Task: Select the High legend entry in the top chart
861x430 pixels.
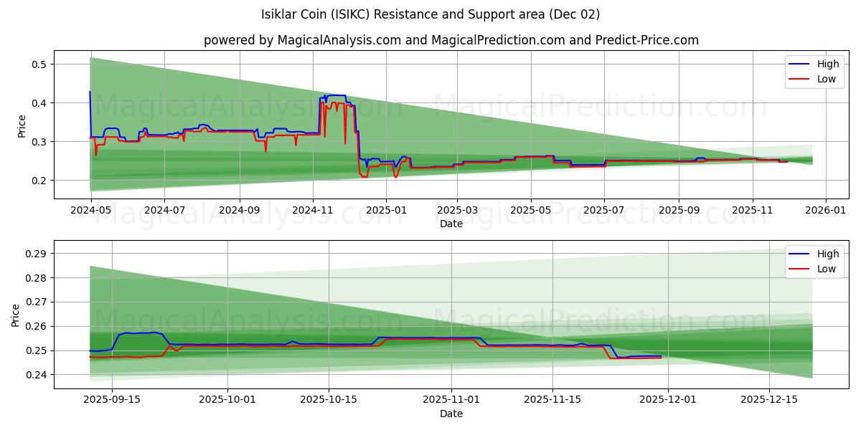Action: coord(827,64)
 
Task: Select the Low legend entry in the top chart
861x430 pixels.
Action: coord(826,79)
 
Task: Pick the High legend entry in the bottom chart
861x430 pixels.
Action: coord(827,254)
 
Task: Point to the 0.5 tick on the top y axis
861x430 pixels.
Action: coord(38,64)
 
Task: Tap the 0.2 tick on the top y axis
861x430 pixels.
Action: coord(38,181)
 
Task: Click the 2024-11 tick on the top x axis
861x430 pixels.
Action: coord(312,211)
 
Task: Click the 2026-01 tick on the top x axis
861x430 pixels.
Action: coord(826,211)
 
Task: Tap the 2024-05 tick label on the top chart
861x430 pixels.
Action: coord(90,211)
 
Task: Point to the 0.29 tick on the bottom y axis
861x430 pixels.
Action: coord(35,254)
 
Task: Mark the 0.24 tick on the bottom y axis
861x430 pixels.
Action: coord(35,375)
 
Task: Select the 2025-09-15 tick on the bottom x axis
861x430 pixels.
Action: coord(111,400)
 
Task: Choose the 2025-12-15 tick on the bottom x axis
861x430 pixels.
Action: coord(768,400)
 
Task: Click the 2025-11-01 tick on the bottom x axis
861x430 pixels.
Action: coord(451,400)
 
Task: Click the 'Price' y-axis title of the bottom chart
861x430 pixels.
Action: coord(17,315)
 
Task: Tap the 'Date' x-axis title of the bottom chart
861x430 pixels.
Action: coord(451,414)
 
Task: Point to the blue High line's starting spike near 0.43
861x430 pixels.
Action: coord(90,92)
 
